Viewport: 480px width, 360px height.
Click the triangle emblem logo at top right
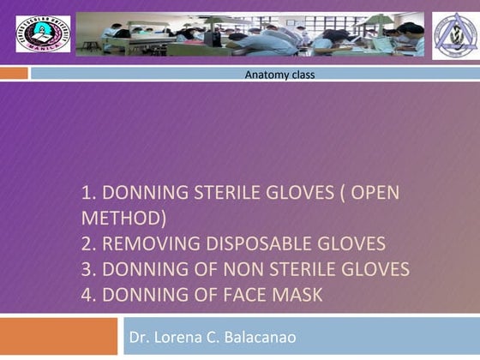(x=454, y=35)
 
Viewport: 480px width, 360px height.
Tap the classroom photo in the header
(x=249, y=34)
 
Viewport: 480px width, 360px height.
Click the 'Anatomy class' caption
(x=279, y=75)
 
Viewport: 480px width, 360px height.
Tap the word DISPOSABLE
(x=270, y=243)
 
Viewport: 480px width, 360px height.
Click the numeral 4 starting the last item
(x=87, y=296)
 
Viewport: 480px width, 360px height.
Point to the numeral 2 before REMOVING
(x=87, y=243)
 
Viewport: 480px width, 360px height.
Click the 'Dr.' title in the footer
(x=139, y=336)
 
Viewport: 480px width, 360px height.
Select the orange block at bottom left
(x=57, y=336)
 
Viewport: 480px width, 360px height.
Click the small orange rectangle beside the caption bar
(x=14, y=74)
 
